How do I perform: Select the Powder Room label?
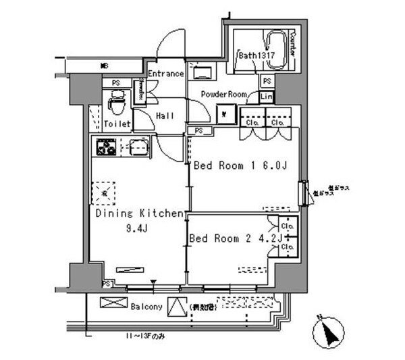tap(223, 95)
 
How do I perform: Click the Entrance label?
tap(166, 74)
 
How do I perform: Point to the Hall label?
tap(165, 116)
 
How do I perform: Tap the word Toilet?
tap(117, 124)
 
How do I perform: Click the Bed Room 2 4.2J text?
tap(234, 238)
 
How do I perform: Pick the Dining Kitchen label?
tap(138, 213)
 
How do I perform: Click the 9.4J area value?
tap(134, 228)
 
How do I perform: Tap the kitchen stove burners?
tap(107, 146)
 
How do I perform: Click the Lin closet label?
tap(267, 97)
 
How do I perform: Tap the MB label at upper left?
tap(105, 66)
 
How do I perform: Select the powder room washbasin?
tap(202, 72)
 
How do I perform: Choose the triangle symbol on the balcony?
tap(175, 307)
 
